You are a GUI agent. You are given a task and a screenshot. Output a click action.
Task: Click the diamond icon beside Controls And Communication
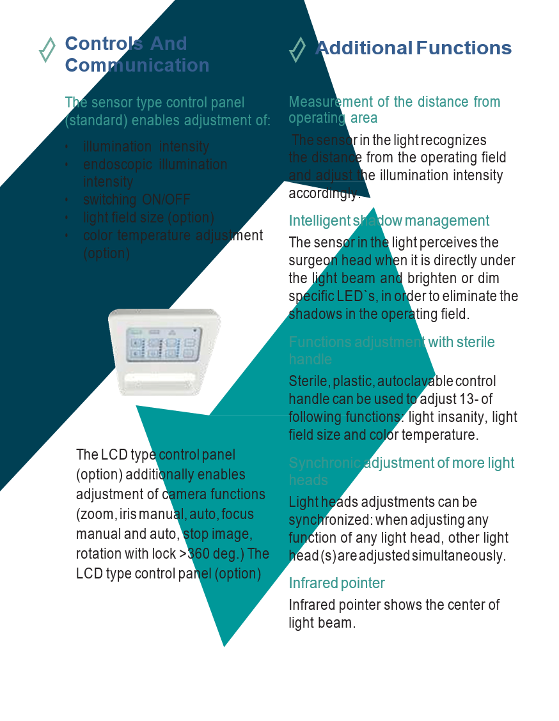[47, 50]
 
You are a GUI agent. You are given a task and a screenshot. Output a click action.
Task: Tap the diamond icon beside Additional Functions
[297, 49]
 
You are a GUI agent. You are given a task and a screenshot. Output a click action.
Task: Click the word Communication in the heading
[137, 65]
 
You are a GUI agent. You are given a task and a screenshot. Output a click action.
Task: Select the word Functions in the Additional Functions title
[464, 48]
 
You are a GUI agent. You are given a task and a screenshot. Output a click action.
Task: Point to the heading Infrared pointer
[336, 583]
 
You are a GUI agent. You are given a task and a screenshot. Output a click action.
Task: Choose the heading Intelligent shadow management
[389, 221]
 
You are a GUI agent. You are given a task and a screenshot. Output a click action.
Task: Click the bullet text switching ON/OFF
[137, 199]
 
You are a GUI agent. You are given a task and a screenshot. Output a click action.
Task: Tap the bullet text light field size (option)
[148, 217]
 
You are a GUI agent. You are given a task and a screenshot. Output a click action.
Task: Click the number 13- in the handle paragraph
[455, 399]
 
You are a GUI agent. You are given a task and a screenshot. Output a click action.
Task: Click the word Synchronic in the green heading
[324, 463]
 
